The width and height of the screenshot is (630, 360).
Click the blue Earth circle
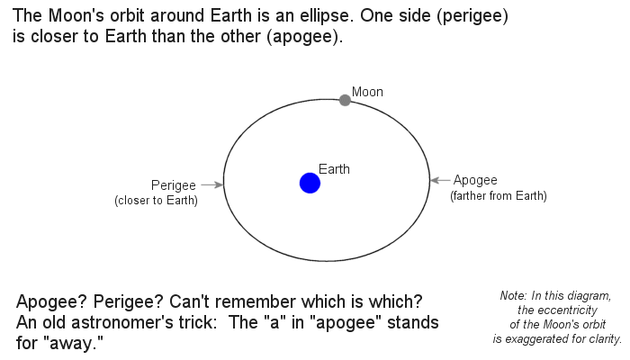310,184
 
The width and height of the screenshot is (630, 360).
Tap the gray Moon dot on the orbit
345,100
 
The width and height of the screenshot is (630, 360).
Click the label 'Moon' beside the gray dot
367,92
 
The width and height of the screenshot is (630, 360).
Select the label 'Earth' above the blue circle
335,168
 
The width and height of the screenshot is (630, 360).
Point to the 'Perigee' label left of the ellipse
174,184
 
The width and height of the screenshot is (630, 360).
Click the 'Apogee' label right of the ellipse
475,180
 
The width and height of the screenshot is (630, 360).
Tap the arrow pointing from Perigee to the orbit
211,184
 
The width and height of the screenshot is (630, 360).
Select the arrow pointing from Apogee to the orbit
440,180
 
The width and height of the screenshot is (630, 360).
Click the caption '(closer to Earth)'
157,200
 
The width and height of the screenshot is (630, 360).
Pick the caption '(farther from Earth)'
499,195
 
